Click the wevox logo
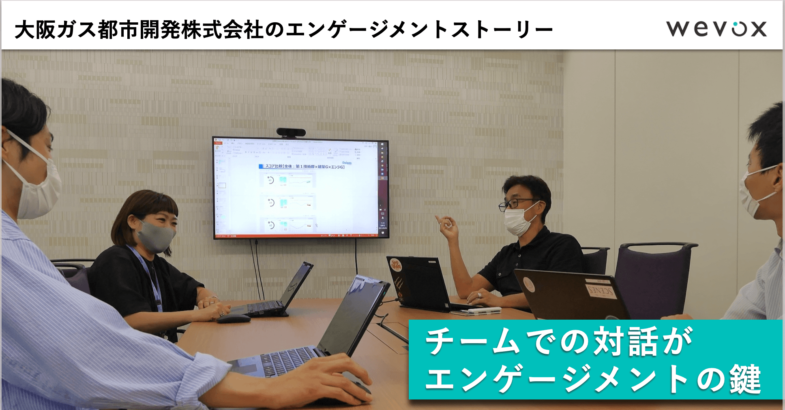point(716,29)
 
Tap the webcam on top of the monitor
point(291,132)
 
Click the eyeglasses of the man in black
point(514,204)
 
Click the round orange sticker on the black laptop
point(396,266)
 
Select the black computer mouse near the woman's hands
point(234,318)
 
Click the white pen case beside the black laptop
point(485,311)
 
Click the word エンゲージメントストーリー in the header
point(419,30)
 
